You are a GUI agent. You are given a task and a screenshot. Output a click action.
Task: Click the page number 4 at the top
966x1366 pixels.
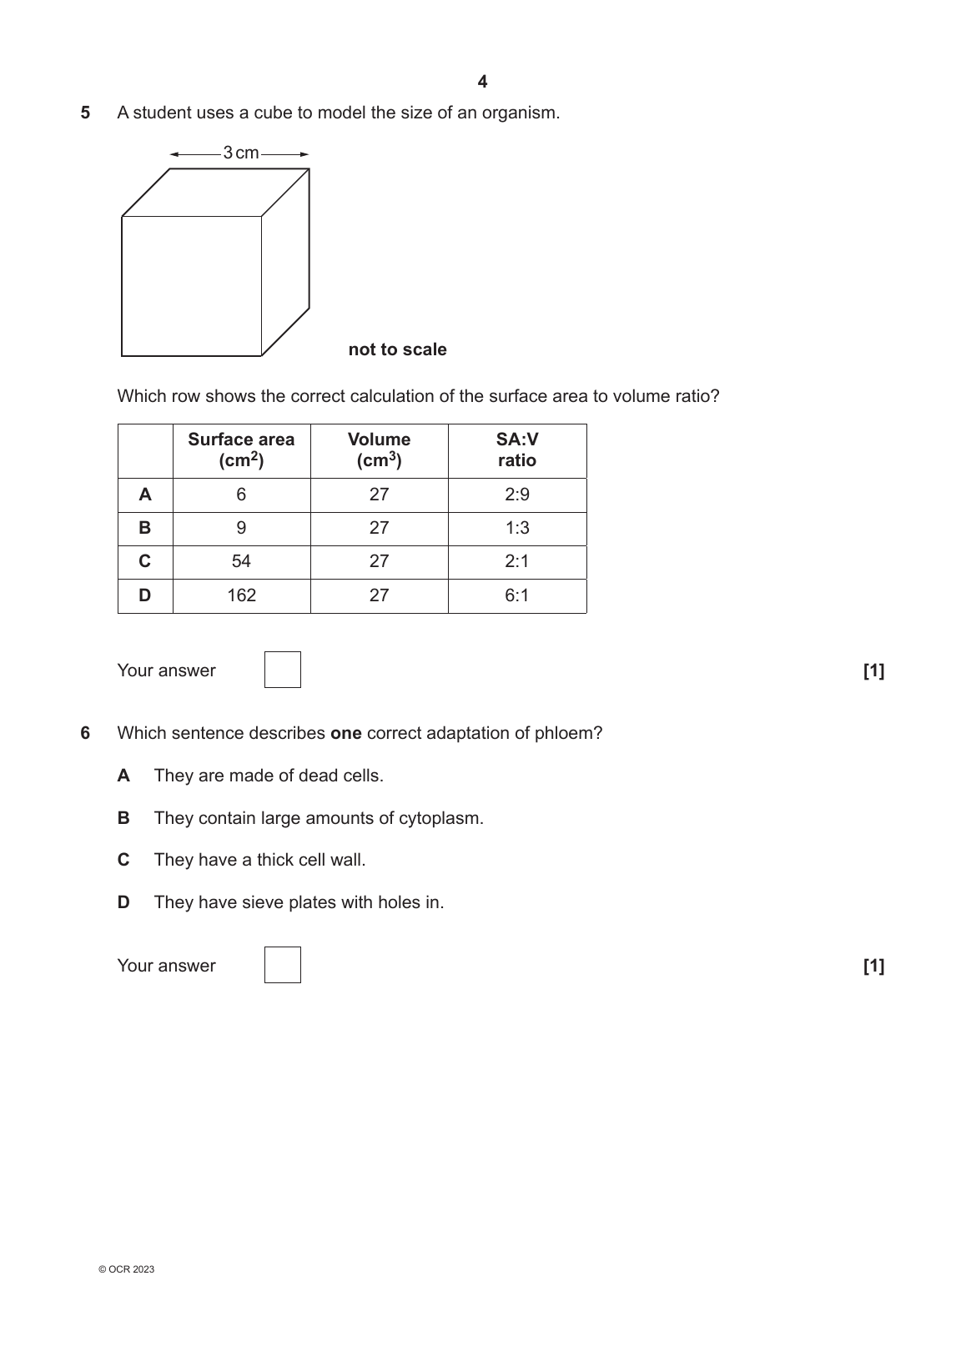[x=482, y=82]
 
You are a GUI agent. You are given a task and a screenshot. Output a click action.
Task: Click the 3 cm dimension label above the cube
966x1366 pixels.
[x=240, y=153]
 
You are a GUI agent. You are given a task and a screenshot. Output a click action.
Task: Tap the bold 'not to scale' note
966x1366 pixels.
[x=397, y=349]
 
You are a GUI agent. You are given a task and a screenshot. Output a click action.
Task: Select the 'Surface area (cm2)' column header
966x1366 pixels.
[x=241, y=450]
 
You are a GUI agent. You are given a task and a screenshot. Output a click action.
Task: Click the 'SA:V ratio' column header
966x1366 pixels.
[x=517, y=450]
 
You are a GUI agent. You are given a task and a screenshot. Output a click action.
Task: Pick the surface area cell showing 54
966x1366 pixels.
[x=241, y=561]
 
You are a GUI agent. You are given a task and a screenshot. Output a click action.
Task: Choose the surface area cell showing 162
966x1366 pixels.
[x=241, y=595]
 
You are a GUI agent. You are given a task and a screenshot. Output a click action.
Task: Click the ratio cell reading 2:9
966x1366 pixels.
[x=517, y=495]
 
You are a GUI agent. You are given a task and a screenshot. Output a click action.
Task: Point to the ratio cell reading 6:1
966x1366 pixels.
[x=517, y=595]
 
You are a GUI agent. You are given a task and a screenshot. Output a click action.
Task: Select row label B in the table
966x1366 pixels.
[x=145, y=528]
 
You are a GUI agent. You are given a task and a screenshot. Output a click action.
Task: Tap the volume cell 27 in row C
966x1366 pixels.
[x=379, y=561]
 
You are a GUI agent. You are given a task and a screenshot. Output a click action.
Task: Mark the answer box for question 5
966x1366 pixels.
[x=283, y=670]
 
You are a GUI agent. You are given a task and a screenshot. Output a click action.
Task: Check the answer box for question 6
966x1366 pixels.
[x=283, y=965]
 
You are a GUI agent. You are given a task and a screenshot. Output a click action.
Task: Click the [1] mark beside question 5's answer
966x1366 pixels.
[x=873, y=670]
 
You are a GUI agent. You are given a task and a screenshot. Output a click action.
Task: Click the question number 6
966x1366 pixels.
[x=85, y=733]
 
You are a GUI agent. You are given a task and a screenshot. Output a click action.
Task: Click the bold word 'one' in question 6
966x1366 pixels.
[x=345, y=733]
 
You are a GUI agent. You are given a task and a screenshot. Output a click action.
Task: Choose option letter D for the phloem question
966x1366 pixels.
[x=123, y=902]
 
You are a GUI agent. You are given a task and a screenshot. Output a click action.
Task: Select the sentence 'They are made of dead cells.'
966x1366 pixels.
[x=269, y=776]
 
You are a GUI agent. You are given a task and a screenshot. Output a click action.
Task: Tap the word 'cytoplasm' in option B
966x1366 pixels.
[x=440, y=818]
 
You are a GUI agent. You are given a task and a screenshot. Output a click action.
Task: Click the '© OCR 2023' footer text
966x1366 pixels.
[x=126, y=1270]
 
